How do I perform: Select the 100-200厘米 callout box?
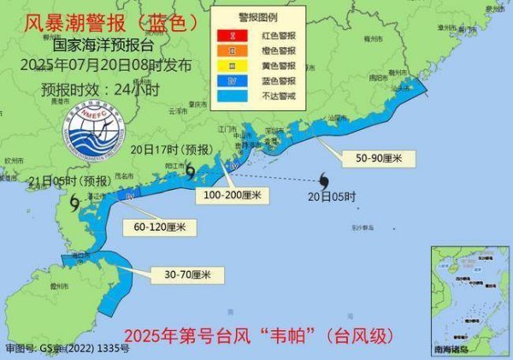point(233,196)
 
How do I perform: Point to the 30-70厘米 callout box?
point(181,274)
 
